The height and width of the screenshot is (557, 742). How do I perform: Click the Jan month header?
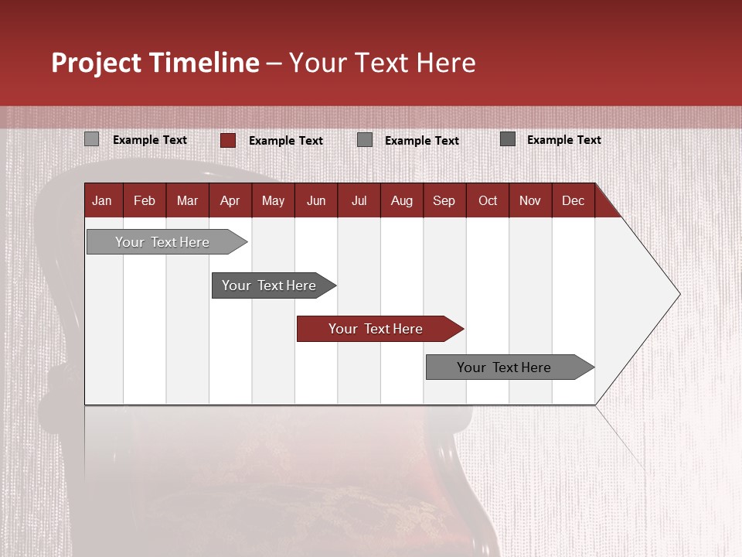click(102, 200)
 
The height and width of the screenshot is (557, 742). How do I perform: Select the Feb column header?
click(145, 200)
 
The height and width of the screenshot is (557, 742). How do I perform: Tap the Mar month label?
click(187, 200)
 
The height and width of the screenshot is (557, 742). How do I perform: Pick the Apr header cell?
click(230, 200)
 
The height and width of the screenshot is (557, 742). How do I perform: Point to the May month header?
click(273, 200)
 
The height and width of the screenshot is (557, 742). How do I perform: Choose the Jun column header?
click(316, 200)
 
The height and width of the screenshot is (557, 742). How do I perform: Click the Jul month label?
click(359, 200)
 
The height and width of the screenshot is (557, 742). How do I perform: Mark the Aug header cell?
click(402, 200)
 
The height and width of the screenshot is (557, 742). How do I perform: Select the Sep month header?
click(444, 200)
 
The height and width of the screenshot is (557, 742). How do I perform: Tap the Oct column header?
click(488, 200)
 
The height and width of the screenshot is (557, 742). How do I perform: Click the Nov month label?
click(530, 200)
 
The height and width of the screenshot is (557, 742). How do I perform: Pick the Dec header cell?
click(573, 200)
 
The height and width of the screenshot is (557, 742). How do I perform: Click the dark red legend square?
click(228, 140)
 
